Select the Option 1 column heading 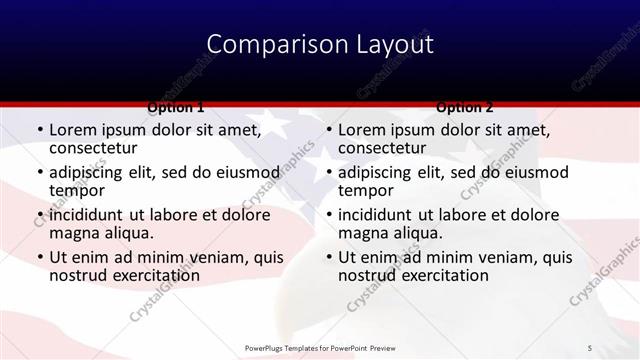coord(176,106)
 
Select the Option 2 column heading coord(464,106)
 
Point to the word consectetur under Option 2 coord(383,148)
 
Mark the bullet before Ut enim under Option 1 coord(40,257)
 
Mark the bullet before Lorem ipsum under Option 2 coord(329,130)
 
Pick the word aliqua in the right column coord(418,233)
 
